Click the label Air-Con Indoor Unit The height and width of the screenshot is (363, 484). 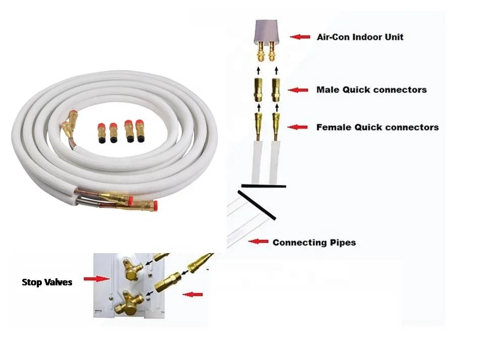point(360,37)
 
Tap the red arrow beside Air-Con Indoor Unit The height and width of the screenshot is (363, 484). point(300,37)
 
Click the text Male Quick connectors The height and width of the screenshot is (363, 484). point(372,90)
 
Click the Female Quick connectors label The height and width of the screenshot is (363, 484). point(377,127)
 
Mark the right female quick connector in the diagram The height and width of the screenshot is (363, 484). point(276,124)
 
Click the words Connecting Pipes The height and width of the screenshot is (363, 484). point(314,243)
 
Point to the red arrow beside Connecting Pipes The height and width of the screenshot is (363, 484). point(259,242)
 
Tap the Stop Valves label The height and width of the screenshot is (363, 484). point(47,282)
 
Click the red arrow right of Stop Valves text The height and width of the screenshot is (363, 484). point(98,278)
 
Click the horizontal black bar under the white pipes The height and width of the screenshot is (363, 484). point(263,187)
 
